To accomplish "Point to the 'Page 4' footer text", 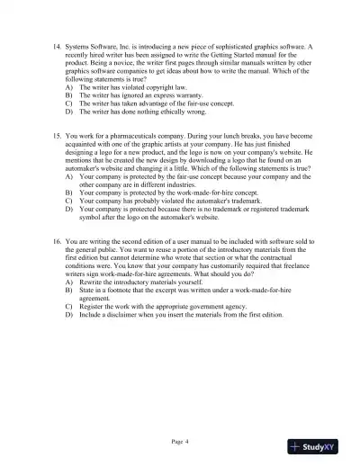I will (180, 443).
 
